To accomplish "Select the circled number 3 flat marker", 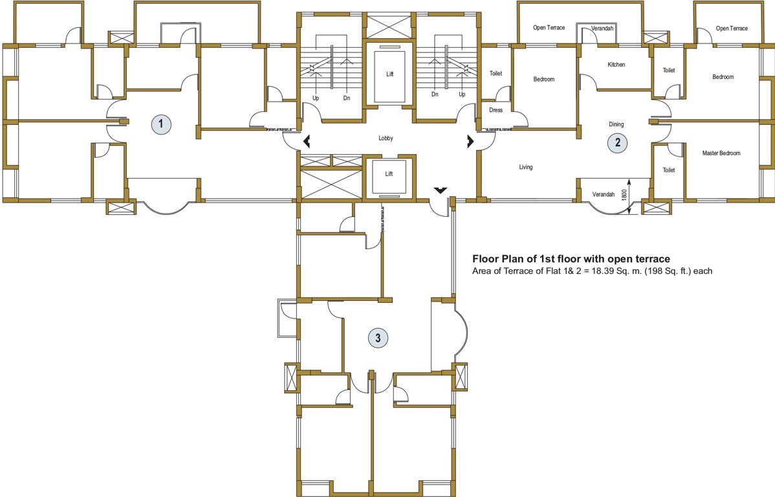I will click(378, 337).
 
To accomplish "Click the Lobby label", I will click(386, 138).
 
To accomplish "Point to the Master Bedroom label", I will click(721, 153).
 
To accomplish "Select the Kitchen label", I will click(616, 65).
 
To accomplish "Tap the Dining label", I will click(616, 124).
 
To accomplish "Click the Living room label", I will click(525, 167).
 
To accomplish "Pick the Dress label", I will click(496, 110).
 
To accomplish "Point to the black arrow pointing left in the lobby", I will click(305, 140).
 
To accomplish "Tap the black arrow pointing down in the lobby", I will click(440, 190).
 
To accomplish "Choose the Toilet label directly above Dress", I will click(496, 74).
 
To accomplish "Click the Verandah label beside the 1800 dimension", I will click(602, 194).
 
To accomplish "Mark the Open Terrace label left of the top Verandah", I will click(549, 28).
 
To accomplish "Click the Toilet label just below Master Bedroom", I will click(668, 170).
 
